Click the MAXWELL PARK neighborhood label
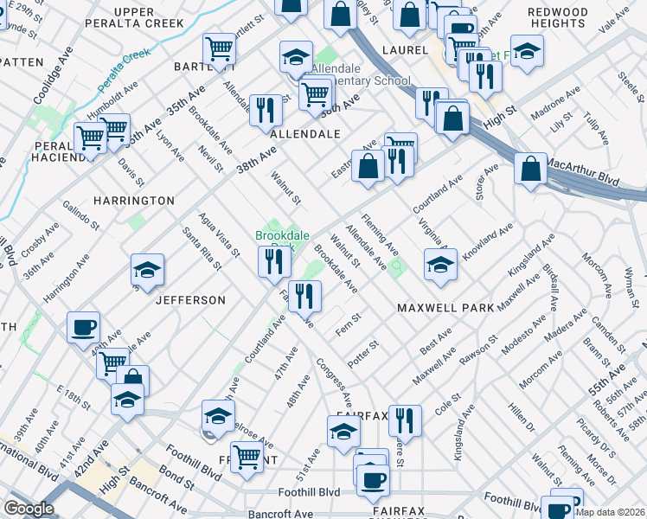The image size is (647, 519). click(x=445, y=308)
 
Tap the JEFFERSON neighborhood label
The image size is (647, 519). click(x=190, y=300)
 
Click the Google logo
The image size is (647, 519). click(x=29, y=509)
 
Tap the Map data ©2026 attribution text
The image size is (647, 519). click(x=610, y=512)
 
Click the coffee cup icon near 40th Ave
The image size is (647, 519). click(x=84, y=327)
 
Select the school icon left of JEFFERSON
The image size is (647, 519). click(x=147, y=270)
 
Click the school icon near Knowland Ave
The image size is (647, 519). click(x=440, y=265)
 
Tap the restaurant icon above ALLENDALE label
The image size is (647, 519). click(x=265, y=110)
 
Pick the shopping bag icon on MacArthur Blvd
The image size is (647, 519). click(x=530, y=169)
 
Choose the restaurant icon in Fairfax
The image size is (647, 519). click(x=404, y=420)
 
